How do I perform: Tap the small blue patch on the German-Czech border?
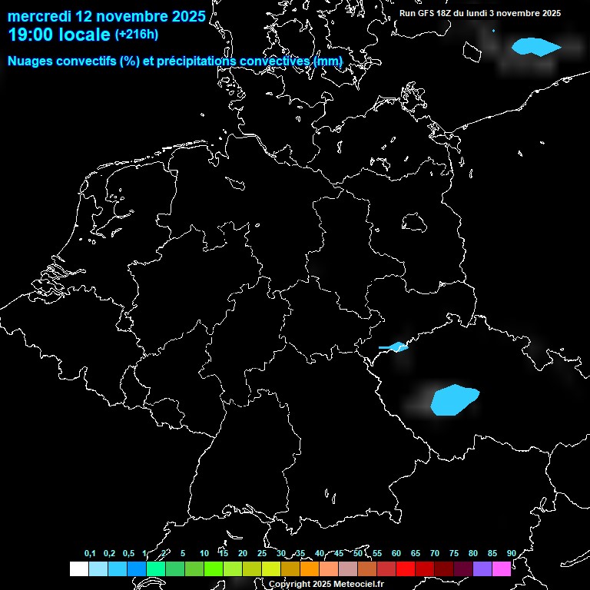pos(396,347)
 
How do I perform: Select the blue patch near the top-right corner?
pos(535,47)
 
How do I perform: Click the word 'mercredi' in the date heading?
pos(39,16)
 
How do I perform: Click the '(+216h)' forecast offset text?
pos(137,35)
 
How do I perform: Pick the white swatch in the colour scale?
pos(78,568)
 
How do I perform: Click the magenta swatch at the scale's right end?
pos(502,568)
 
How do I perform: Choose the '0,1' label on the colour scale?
pos(90,553)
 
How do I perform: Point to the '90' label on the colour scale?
pos(511,553)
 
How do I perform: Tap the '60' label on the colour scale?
pos(396,553)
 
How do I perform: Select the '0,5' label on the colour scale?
pos(128,553)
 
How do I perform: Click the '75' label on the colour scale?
pos(453,553)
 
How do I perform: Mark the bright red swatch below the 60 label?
pos(406,568)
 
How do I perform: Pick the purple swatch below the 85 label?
pos(482,568)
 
